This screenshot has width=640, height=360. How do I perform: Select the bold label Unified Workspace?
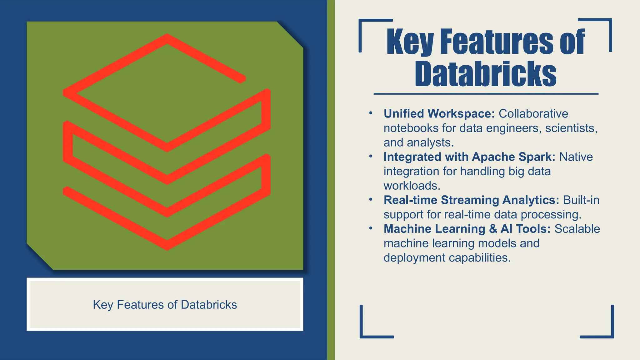[439, 114]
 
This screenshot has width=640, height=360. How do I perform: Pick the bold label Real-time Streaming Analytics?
[471, 200]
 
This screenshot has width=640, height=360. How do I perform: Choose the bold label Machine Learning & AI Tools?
[467, 229]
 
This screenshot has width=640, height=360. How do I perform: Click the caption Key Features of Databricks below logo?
[165, 305]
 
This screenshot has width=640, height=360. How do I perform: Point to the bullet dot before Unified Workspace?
[371, 113]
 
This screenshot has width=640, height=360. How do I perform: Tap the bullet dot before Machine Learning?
[371, 228]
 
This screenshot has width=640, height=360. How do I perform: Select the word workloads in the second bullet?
[412, 186]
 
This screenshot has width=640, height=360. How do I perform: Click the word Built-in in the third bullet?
[581, 200]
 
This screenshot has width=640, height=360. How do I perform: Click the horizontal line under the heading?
[486, 94]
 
